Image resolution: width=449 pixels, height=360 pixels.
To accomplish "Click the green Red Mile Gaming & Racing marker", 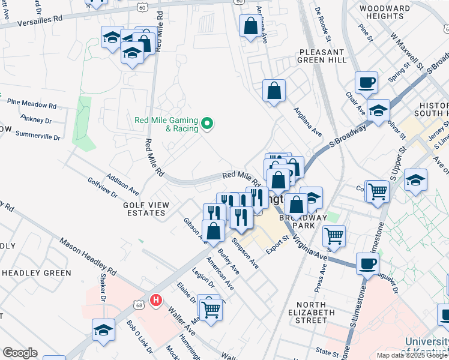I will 208,124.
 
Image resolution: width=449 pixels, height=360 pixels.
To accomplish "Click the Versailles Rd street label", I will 41,19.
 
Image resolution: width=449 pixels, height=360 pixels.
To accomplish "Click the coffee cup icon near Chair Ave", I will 366,82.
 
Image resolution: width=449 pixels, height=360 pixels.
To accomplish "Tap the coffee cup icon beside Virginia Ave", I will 367,263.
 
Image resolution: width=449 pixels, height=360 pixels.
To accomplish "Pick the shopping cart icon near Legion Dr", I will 211,309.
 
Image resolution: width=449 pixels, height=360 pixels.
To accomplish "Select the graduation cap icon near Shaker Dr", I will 103,329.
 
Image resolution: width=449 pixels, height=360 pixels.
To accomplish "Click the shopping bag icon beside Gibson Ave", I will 214,230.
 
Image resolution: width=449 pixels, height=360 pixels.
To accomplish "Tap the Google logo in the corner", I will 20,353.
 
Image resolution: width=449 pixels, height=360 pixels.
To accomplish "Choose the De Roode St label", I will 323,19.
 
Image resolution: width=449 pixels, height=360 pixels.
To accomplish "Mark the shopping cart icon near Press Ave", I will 334,236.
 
